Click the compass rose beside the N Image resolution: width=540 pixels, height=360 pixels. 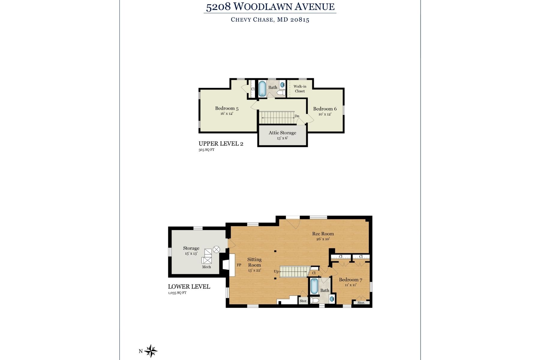click(151, 351)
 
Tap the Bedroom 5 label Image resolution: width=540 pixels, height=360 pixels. click(227, 108)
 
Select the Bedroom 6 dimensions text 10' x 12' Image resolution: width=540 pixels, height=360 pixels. click(325, 114)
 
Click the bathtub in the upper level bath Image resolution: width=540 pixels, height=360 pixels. click(262, 88)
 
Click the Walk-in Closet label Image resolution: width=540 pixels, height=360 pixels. click(300, 89)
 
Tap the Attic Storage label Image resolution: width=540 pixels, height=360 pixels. click(282, 133)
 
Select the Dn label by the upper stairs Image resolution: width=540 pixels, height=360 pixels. click(297, 116)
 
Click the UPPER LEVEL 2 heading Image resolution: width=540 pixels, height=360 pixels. click(221, 144)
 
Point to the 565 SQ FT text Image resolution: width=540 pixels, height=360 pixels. click(206, 150)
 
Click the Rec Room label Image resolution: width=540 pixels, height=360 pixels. click(323, 234)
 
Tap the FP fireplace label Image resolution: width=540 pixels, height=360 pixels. click(239, 265)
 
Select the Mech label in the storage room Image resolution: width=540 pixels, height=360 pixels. click(206, 267)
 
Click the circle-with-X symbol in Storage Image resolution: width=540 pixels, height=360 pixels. click(216, 249)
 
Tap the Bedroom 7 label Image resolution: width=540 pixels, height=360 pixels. click(350, 280)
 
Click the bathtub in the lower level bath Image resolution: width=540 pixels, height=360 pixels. click(314, 286)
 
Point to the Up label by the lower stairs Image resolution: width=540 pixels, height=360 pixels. click(276, 271)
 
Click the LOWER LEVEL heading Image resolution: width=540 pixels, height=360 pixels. click(189, 287)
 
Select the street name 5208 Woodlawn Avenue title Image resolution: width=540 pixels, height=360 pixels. click(270, 7)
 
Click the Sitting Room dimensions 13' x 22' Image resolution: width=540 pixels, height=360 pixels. click(254, 271)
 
